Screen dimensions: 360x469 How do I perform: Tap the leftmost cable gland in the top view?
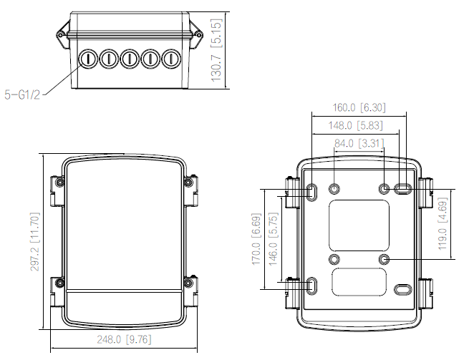click(x=87, y=58)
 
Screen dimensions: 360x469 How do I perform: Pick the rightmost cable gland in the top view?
click(x=171, y=58)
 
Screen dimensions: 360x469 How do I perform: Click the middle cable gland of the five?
click(x=130, y=58)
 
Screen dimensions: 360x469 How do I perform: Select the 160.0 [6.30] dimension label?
click(x=359, y=107)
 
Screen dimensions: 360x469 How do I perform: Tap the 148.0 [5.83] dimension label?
click(x=359, y=125)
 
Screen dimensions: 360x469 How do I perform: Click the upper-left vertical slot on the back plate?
click(x=314, y=191)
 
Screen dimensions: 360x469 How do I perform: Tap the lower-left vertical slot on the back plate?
click(x=314, y=284)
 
